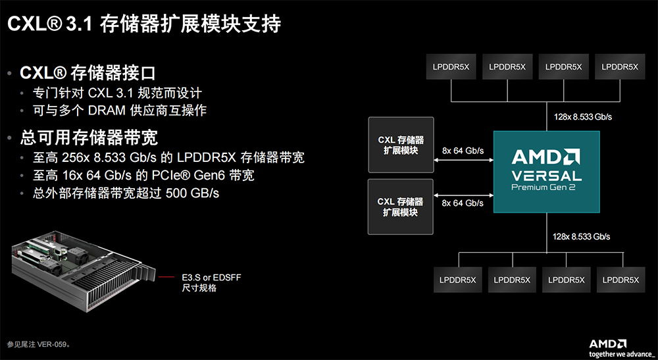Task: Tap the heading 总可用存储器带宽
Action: click(x=89, y=138)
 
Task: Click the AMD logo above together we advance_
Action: click(x=607, y=344)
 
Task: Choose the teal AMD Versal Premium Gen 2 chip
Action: click(x=547, y=171)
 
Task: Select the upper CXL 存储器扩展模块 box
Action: click(x=401, y=145)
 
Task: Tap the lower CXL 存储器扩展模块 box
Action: click(x=401, y=207)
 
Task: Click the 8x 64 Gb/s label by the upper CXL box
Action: click(x=463, y=151)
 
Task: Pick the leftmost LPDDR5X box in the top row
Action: click(x=451, y=66)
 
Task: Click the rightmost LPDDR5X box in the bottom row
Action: click(x=620, y=280)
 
